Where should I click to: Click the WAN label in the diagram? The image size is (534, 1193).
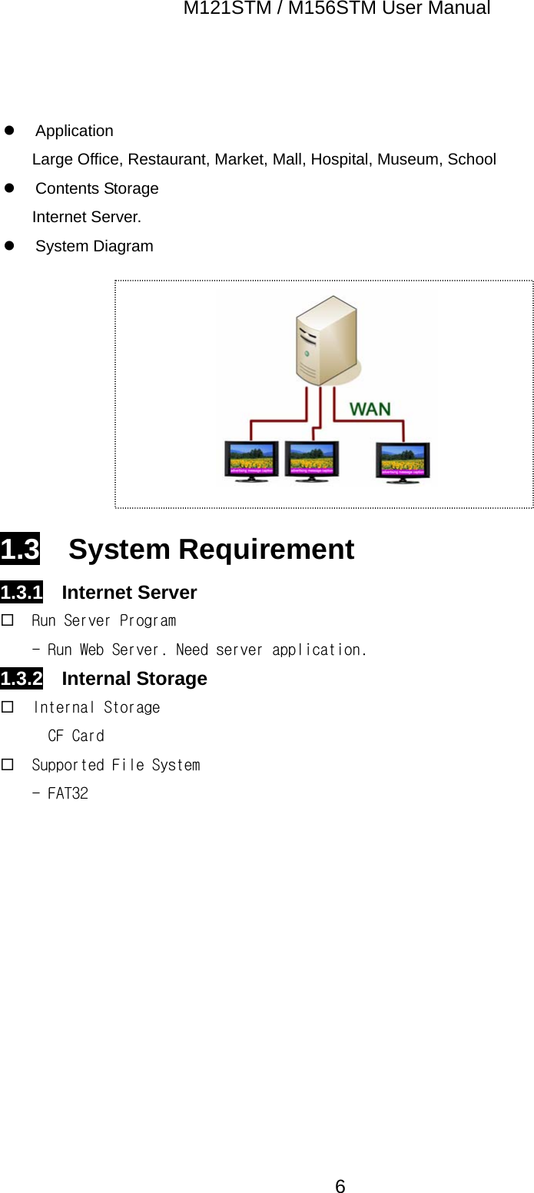[x=370, y=409]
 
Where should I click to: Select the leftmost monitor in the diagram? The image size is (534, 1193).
[x=251, y=461]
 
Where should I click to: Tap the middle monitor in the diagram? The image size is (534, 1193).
[x=311, y=461]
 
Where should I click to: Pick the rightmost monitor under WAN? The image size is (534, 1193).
[x=403, y=462]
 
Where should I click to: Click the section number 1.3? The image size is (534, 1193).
[x=20, y=550]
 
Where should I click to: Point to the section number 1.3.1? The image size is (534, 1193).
[x=22, y=593]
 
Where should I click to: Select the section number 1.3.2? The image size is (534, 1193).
[x=22, y=679]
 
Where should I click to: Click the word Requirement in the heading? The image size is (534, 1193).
[x=266, y=550]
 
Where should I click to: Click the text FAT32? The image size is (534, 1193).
[x=68, y=793]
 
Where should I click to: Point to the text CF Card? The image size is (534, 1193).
[x=75, y=736]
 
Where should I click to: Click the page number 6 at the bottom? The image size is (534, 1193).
[x=340, y=1186]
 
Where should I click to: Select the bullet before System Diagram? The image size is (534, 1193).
[x=10, y=246]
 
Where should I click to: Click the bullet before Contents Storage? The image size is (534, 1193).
[x=10, y=188]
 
